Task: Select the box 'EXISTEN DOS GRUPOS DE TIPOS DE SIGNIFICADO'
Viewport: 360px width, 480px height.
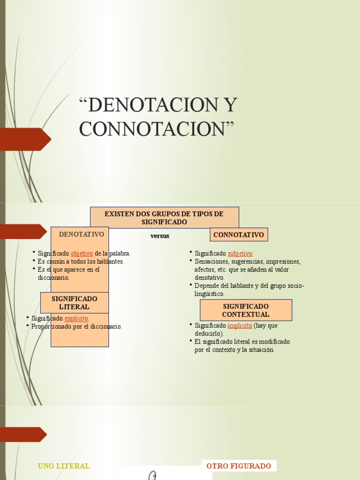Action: point(164,217)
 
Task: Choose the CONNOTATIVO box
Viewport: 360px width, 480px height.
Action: point(239,234)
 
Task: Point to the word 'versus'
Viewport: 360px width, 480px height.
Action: point(160,236)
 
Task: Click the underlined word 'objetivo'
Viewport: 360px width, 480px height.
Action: point(82,254)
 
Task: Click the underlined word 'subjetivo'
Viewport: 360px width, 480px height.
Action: point(240,254)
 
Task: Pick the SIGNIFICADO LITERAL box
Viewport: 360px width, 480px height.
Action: point(74,302)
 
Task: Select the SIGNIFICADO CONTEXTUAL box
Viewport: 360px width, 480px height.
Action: point(246,310)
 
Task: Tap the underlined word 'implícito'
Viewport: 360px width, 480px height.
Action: point(240,325)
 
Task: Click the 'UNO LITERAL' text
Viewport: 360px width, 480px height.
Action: point(63,466)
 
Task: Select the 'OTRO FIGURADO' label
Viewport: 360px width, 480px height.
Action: point(239,466)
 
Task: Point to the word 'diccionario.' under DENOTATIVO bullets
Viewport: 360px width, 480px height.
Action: point(53,277)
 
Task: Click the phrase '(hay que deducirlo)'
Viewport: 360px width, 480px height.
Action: point(265,325)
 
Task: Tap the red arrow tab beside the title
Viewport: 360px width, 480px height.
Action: point(26,139)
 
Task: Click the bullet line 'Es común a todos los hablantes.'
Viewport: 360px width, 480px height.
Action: point(81,262)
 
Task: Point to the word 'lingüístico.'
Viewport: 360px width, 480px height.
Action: point(210,294)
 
